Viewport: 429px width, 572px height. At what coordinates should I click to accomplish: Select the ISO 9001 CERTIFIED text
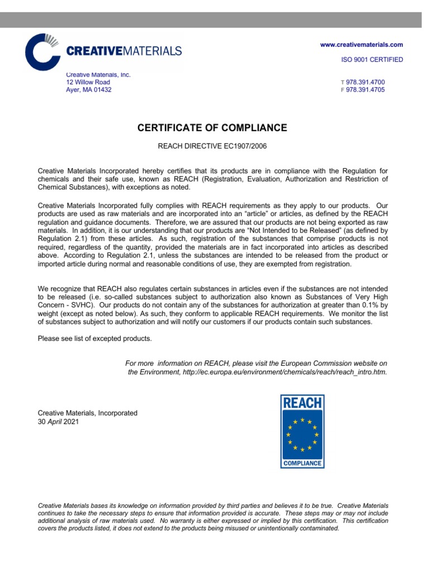(371, 60)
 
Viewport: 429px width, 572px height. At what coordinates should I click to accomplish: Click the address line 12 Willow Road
(92, 82)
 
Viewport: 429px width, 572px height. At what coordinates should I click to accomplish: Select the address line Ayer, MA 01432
(89, 90)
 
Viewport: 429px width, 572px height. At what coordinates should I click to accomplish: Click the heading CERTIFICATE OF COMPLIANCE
(212, 128)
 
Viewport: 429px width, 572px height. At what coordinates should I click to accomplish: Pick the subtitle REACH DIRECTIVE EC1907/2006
(212, 146)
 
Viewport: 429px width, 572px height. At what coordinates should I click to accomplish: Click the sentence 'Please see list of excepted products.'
(94, 339)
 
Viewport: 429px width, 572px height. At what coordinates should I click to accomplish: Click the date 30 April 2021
(58, 422)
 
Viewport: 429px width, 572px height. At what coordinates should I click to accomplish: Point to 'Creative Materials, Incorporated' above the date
(87, 413)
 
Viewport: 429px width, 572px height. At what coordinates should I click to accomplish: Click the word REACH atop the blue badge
(302, 403)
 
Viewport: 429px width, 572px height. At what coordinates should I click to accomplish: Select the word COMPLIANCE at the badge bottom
(302, 463)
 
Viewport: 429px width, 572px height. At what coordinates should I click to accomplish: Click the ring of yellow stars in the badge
(302, 434)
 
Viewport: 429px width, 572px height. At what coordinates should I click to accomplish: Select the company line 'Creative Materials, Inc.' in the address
(98, 74)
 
